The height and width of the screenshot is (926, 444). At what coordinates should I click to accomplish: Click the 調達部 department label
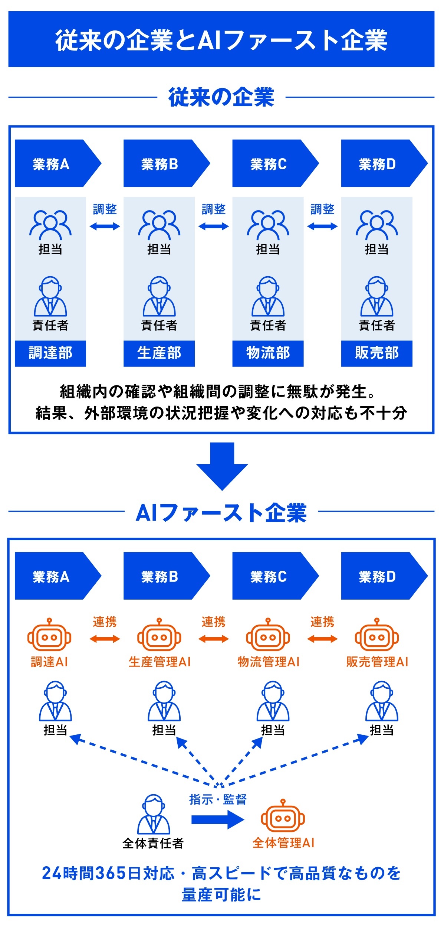coord(50,353)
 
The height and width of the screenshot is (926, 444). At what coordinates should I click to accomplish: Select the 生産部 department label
coord(159,353)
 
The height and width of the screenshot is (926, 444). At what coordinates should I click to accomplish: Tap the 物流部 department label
coord(268,353)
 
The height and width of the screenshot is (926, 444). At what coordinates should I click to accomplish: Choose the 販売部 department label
coord(376,353)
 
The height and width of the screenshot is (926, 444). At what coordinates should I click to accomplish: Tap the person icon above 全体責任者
coord(154,815)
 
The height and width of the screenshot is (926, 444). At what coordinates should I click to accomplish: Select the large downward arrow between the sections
coord(222,466)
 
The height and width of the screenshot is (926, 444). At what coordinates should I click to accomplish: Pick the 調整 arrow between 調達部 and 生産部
coord(105,226)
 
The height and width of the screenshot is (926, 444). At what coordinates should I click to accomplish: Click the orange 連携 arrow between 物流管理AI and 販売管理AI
coord(322,639)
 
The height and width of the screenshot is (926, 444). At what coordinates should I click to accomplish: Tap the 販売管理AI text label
coord(377,662)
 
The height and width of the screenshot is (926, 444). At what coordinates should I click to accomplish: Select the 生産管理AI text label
coord(159,662)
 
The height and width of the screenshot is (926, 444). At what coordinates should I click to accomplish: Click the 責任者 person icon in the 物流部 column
coord(268,296)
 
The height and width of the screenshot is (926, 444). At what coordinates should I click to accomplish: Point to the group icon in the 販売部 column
coord(376,225)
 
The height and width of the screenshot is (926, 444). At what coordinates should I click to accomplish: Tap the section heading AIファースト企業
coord(221,513)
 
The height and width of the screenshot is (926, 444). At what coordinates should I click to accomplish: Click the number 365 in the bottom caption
coord(111,873)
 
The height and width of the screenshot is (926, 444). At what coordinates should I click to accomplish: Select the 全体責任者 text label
coord(153,843)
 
